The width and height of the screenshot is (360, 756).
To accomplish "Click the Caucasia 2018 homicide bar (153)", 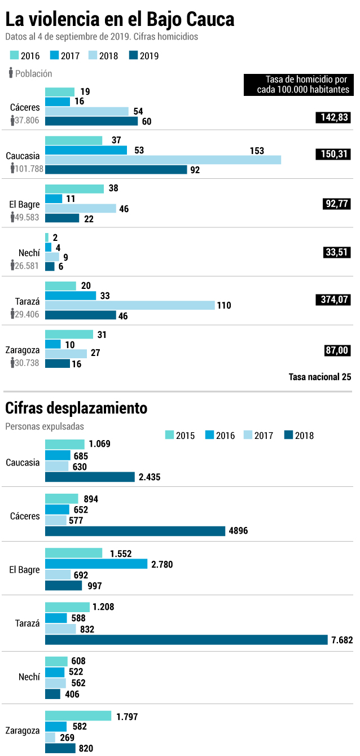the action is coord(163,160).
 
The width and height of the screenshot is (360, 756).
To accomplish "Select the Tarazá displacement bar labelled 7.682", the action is coord(186,640).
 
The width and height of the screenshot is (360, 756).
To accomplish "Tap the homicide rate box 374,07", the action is coord(333,300).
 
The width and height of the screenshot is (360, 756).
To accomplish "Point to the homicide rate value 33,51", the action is coord(337,252).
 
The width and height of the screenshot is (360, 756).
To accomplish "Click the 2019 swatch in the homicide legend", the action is coord(133,55).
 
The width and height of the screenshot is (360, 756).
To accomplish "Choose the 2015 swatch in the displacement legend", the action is coord(169,434).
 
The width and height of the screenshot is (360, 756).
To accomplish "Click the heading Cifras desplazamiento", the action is coord(76,408).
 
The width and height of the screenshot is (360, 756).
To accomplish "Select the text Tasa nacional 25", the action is coord(319,377).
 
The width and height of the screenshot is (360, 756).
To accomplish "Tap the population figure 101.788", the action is coord(29,169).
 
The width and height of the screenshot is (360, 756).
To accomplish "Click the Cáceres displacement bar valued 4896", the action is coord(135,531).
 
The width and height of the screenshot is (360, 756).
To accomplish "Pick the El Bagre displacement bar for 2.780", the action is coord(96,564).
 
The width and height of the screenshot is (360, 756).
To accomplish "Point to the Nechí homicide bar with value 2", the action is coord(47,238).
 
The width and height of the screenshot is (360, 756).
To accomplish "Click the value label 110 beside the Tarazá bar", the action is coord(224,305).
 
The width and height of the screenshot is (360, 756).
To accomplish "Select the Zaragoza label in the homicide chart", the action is coord(22,350).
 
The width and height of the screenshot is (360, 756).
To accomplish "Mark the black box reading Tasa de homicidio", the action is coord(298,85).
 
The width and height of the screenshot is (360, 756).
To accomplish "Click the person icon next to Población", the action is coord(11,73).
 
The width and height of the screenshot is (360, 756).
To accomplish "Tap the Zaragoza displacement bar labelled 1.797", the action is coord(78,715).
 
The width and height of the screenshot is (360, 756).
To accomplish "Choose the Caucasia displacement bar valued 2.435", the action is coord(90,477).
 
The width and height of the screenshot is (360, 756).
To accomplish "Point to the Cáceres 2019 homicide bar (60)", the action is coord(91,121).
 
